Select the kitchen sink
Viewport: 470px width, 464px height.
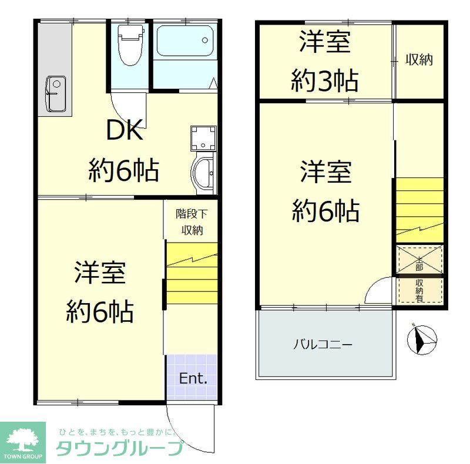click(56, 94)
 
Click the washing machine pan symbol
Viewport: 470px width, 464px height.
click(203, 139)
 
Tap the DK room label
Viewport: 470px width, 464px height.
click(123, 131)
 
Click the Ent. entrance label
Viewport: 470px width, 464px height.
click(193, 378)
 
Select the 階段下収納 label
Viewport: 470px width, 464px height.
click(192, 222)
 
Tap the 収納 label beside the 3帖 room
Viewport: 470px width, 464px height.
click(419, 59)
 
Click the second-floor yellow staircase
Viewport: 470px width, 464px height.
click(419, 209)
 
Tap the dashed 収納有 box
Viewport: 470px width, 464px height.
click(419, 290)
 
